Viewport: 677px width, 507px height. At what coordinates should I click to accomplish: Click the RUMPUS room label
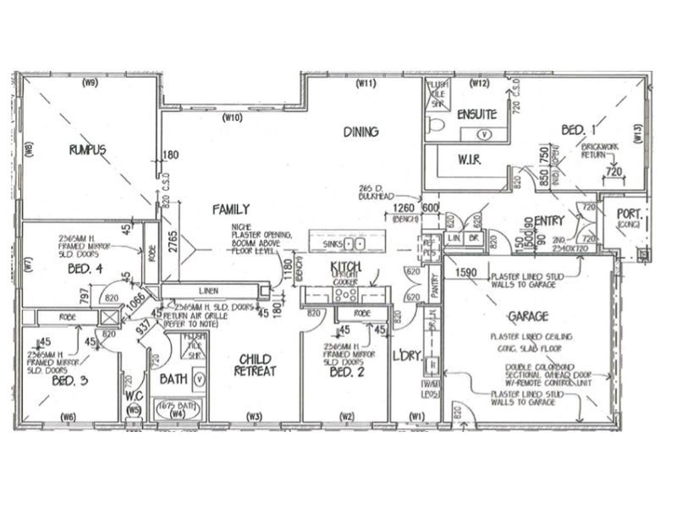coord(88,150)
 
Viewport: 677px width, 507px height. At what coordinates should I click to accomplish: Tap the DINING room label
coord(361,132)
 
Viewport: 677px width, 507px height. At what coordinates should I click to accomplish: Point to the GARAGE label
coord(528,316)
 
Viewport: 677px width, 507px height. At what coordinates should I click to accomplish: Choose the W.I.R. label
coord(470,159)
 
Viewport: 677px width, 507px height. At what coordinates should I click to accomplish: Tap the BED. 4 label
coord(85,270)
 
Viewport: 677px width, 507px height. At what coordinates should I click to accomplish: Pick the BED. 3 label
coord(69,381)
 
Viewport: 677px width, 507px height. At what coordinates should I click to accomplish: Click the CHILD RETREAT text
coord(255,364)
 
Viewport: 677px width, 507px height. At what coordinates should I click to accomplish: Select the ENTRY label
coord(549,221)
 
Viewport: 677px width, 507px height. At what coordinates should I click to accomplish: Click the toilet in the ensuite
coord(436,127)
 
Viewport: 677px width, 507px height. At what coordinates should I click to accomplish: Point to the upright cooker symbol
coord(346,294)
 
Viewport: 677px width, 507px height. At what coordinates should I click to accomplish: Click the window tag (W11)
coord(366,83)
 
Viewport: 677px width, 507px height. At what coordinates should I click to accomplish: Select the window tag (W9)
coord(90,83)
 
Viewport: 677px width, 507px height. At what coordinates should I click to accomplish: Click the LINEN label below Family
coord(208,290)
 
